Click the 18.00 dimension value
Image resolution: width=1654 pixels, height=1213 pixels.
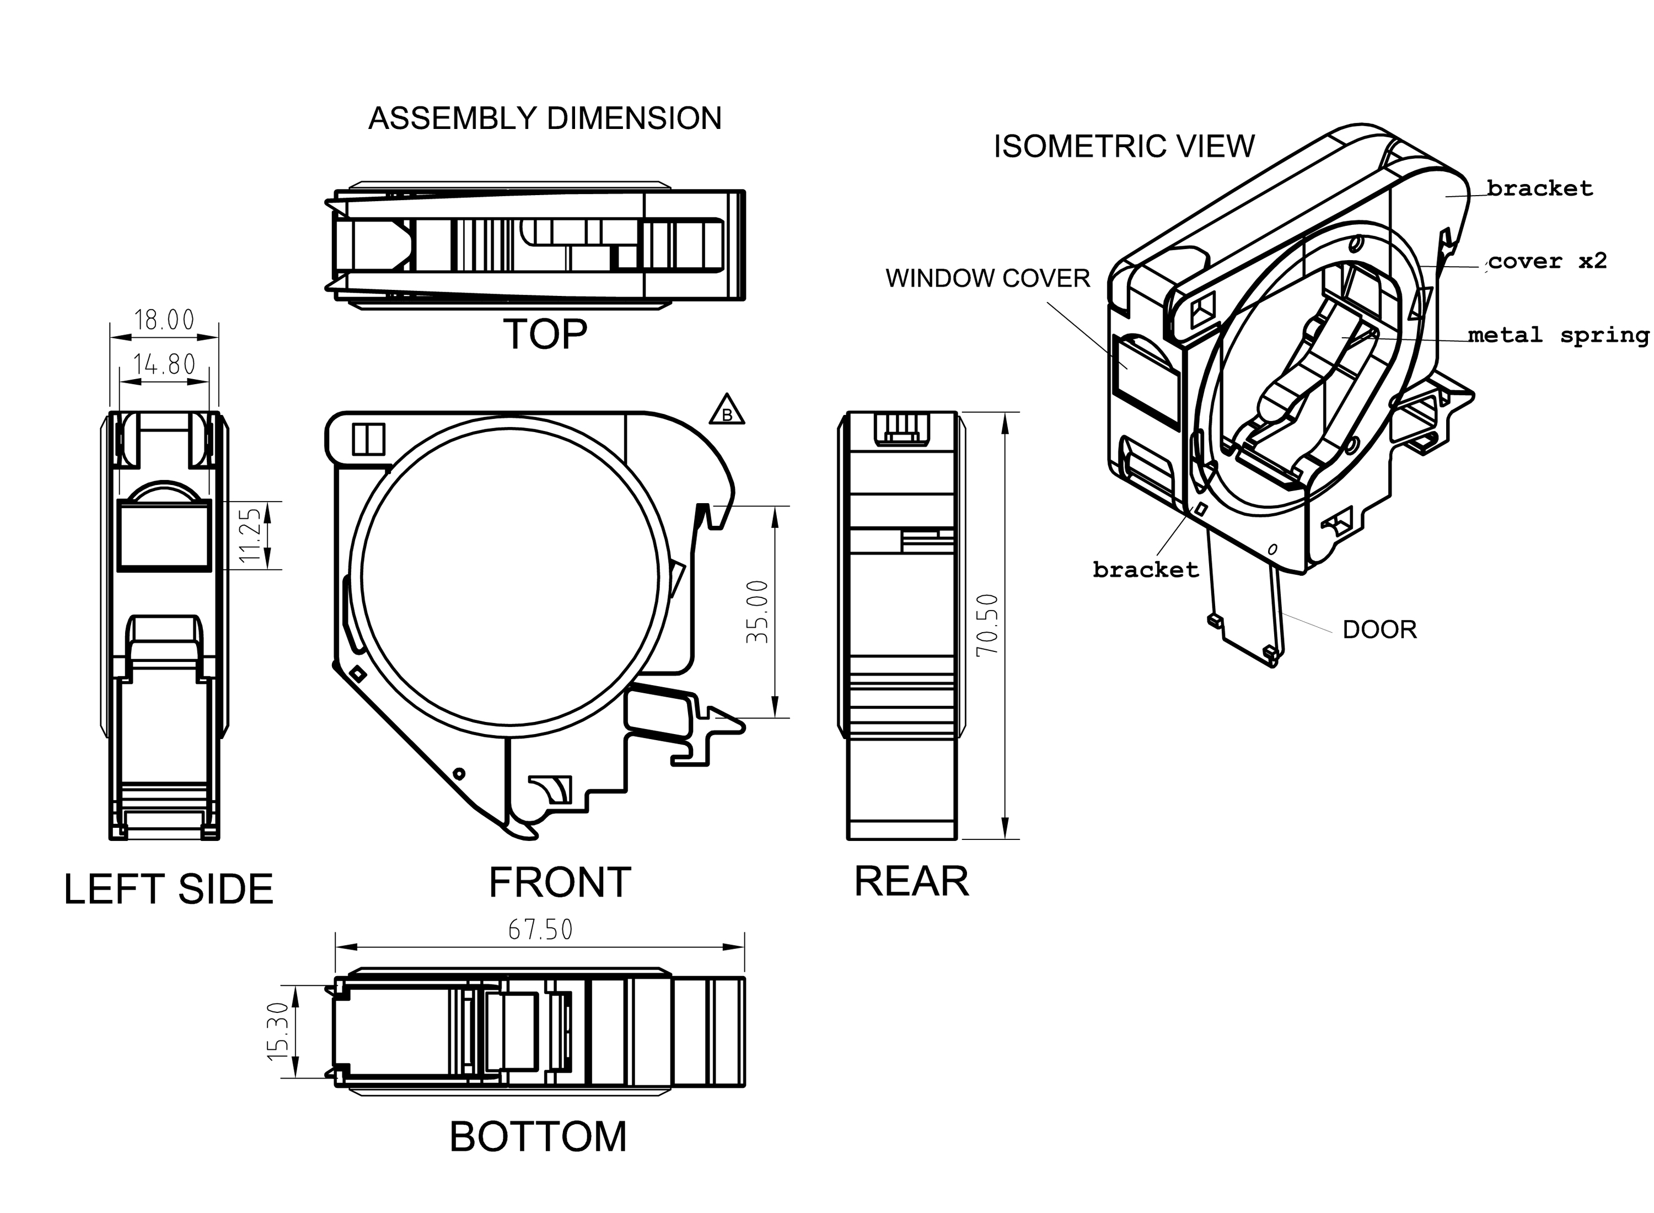pos(164,320)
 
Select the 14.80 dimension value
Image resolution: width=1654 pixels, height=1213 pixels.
pos(164,364)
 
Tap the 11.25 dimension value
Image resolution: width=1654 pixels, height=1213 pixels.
pos(250,535)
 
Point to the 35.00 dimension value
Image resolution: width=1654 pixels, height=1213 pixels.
pos(757,612)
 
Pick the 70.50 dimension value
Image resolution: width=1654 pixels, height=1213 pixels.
pos(987,625)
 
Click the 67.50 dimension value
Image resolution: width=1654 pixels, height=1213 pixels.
pos(540,930)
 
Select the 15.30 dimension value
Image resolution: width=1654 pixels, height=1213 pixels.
pos(278,1031)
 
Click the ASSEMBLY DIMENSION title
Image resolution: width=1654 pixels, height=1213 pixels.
pos(544,118)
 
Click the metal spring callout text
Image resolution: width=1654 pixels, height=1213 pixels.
pos(1559,336)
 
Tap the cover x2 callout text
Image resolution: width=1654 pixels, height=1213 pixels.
pos(1548,261)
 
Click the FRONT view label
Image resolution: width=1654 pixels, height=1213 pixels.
pos(560,882)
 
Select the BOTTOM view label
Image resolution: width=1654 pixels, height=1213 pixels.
pos(538,1136)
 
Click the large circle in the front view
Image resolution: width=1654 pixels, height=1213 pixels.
pos(510,576)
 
